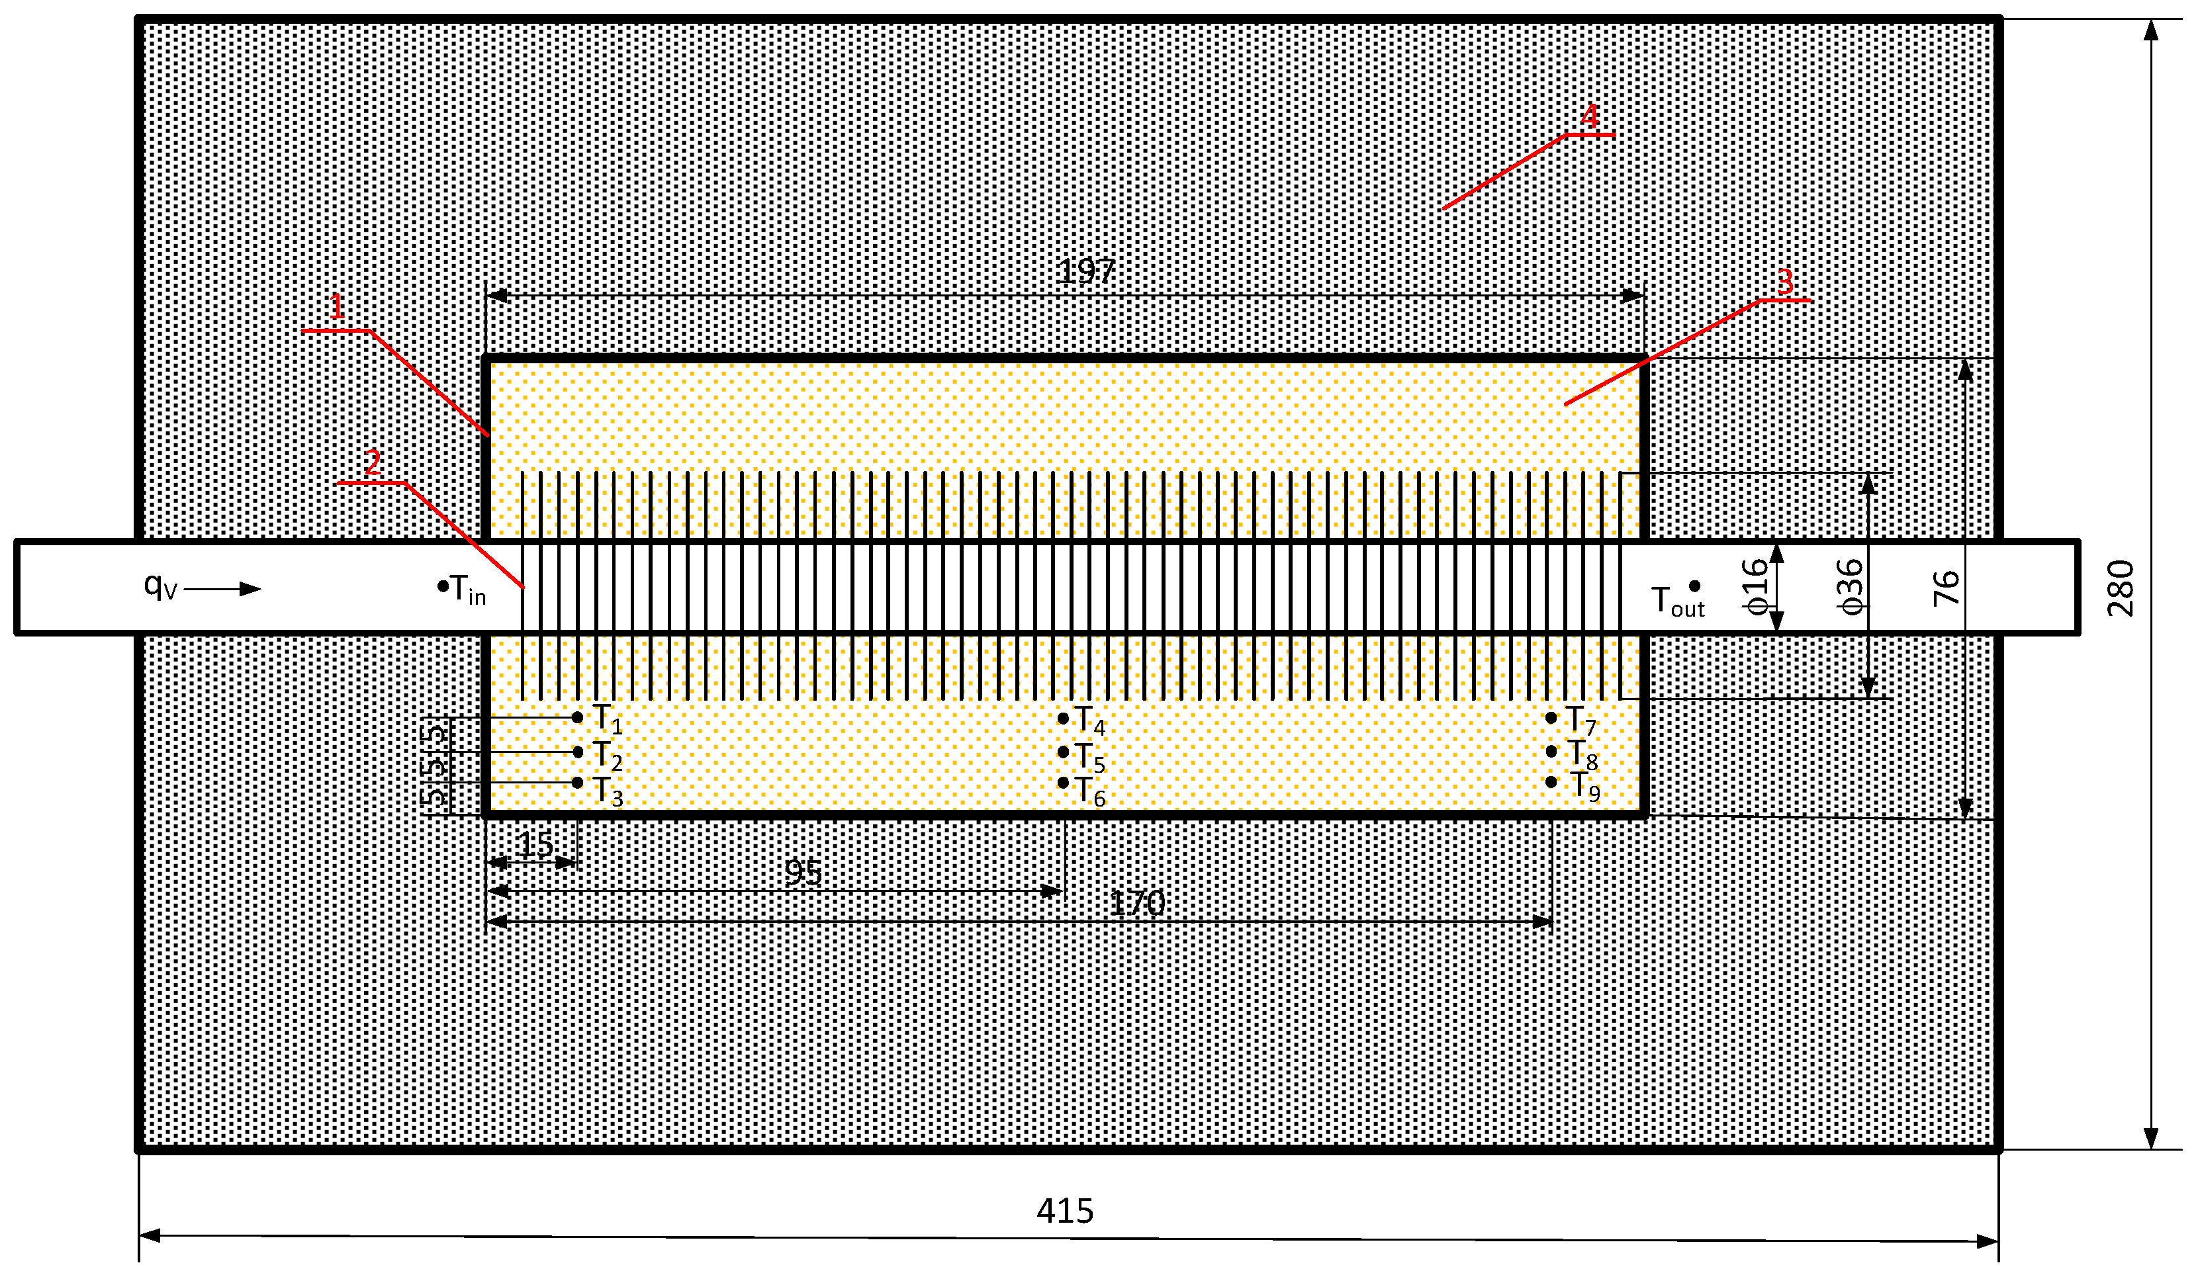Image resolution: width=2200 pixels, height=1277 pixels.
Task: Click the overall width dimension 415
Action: click(1064, 1211)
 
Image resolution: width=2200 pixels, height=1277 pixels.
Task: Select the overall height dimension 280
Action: click(2121, 588)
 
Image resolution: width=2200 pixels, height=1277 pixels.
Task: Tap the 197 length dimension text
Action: click(1085, 271)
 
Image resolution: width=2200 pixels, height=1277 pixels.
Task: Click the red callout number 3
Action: click(1784, 282)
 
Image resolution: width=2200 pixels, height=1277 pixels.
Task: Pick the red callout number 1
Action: click(336, 307)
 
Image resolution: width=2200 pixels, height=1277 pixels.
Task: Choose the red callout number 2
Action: click(373, 462)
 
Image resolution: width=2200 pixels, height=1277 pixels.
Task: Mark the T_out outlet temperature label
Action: click(1677, 601)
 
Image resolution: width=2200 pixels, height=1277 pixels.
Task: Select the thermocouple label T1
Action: click(608, 719)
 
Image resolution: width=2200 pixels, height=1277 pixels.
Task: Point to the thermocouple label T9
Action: click(1584, 787)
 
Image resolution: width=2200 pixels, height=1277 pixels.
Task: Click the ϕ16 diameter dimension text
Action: click(1755, 587)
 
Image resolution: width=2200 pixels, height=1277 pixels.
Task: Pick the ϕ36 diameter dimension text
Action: click(1850, 587)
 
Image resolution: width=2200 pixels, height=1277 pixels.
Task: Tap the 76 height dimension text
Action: click(1946, 588)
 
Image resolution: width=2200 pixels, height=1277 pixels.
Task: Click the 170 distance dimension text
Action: click(1136, 903)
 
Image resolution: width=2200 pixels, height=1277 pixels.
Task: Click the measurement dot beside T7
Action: click(1551, 717)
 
